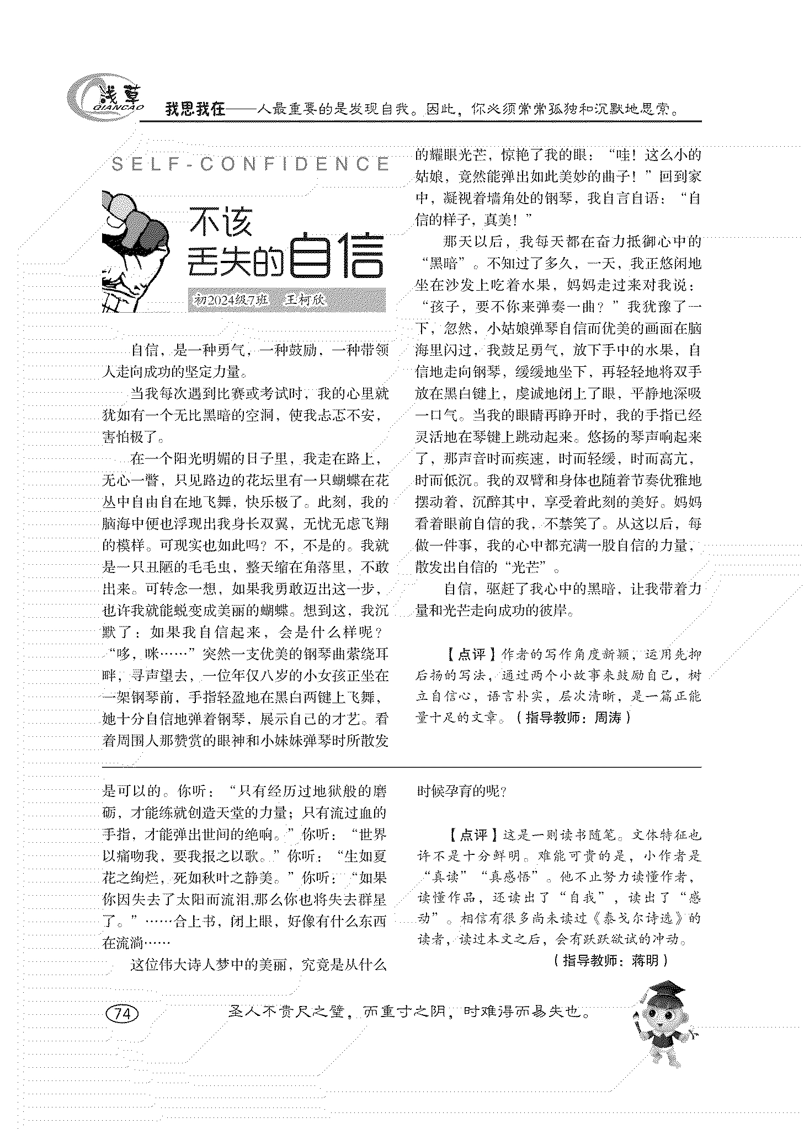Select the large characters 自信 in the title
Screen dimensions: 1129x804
[336, 256]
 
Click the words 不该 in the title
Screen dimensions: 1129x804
[221, 222]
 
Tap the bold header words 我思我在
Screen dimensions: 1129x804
[195, 109]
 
